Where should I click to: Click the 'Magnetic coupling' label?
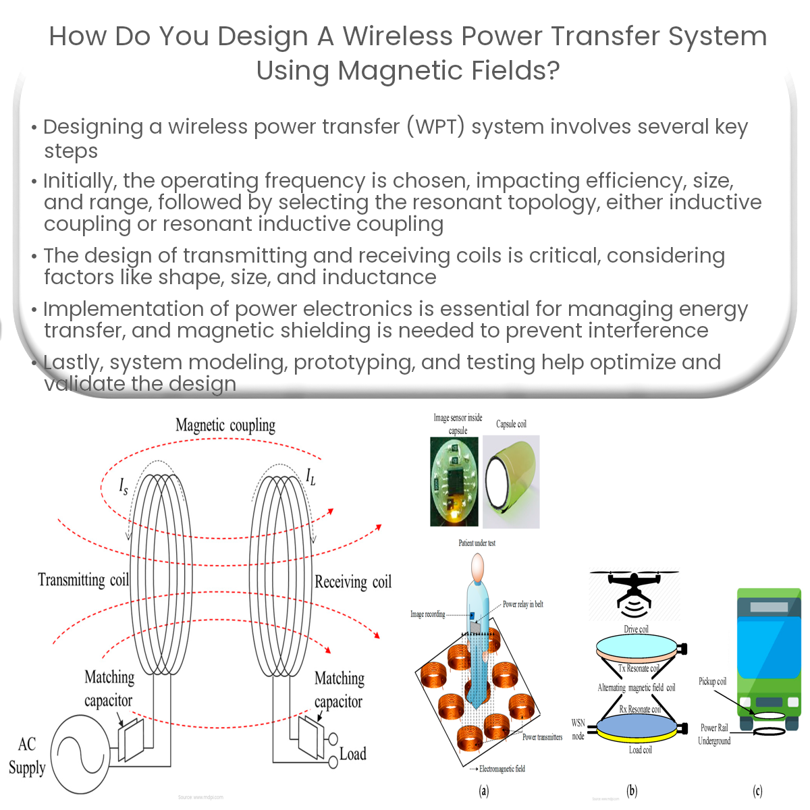tap(225, 425)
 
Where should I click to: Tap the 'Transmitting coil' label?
tap(83, 580)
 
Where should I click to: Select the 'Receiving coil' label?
tap(353, 582)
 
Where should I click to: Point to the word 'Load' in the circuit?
tap(352, 754)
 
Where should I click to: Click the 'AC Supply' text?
tap(27, 756)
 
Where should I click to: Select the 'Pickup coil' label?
tap(712, 682)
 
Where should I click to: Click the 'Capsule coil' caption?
tap(511, 424)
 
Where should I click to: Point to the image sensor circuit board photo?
tap(454, 481)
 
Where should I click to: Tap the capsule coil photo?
tap(511, 481)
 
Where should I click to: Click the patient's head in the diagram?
tap(477, 566)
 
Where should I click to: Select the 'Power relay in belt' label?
tap(523, 604)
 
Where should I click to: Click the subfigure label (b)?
tap(632, 790)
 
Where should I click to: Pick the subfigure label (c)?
tap(757, 790)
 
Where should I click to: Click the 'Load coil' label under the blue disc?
tap(640, 750)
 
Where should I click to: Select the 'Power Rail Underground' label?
tap(714, 734)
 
